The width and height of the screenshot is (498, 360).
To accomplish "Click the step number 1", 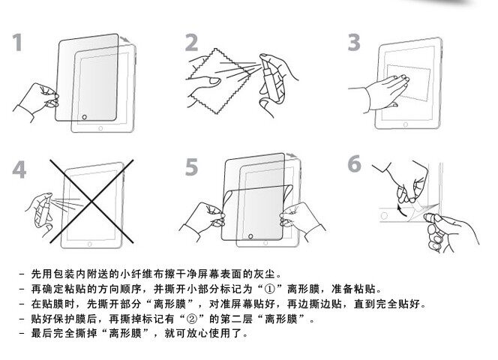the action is point(22,43).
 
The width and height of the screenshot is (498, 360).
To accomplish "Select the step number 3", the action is point(355,43).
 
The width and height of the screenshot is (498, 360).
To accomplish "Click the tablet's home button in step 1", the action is point(83,117).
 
